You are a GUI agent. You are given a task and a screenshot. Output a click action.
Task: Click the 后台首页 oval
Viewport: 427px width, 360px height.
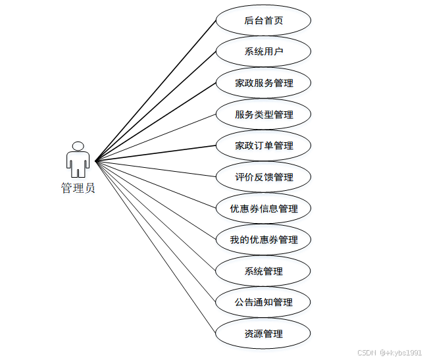263,20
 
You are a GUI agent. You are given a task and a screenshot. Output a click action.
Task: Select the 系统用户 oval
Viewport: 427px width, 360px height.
263,51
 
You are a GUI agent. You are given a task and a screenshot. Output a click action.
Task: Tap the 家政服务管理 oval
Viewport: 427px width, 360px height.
263,83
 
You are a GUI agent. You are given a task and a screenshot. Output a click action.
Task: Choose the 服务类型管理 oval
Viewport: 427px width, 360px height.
263,115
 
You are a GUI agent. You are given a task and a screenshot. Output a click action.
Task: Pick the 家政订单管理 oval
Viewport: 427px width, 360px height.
263,145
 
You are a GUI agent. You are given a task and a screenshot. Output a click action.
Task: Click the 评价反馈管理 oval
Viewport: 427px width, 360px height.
263,177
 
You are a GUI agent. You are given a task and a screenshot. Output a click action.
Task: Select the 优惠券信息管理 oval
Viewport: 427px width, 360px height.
263,209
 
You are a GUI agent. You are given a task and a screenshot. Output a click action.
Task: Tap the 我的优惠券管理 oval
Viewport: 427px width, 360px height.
263,240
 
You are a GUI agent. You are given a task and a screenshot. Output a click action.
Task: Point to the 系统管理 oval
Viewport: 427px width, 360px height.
263,271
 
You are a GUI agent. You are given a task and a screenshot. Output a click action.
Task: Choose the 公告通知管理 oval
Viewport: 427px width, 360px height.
263,302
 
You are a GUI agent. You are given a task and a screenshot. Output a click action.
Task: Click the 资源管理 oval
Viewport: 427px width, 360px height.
263,334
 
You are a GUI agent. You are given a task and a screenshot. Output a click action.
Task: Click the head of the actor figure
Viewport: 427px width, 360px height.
78,146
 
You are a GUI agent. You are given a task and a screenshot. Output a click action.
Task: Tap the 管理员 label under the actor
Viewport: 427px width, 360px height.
78,188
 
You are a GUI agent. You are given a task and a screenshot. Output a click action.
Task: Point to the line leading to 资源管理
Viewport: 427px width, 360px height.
156,247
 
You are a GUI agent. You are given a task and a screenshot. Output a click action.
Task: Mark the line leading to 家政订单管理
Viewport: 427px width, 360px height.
156,153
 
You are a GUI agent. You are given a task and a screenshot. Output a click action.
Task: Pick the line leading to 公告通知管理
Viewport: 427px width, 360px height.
156,232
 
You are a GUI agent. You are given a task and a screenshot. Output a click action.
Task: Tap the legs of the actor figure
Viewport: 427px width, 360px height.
78,172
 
